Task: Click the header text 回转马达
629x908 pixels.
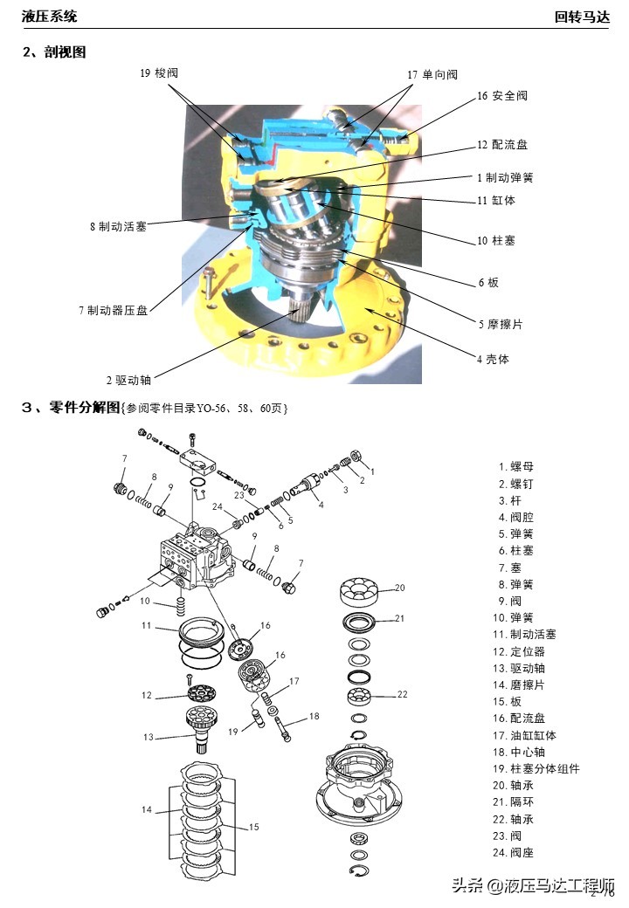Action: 585,17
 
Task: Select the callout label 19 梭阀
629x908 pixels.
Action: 165,73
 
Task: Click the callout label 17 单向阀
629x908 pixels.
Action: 432,75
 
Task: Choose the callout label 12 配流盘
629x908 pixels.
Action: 502,145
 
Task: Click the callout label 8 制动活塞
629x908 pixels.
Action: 118,226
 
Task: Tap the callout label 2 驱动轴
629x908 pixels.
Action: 128,380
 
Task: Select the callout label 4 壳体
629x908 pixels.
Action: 493,359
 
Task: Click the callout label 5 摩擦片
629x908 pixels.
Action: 500,324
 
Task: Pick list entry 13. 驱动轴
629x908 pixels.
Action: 528,668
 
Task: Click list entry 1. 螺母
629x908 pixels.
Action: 516,466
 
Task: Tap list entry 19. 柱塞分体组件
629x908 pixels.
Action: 536,769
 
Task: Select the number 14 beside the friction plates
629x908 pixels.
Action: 146,809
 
